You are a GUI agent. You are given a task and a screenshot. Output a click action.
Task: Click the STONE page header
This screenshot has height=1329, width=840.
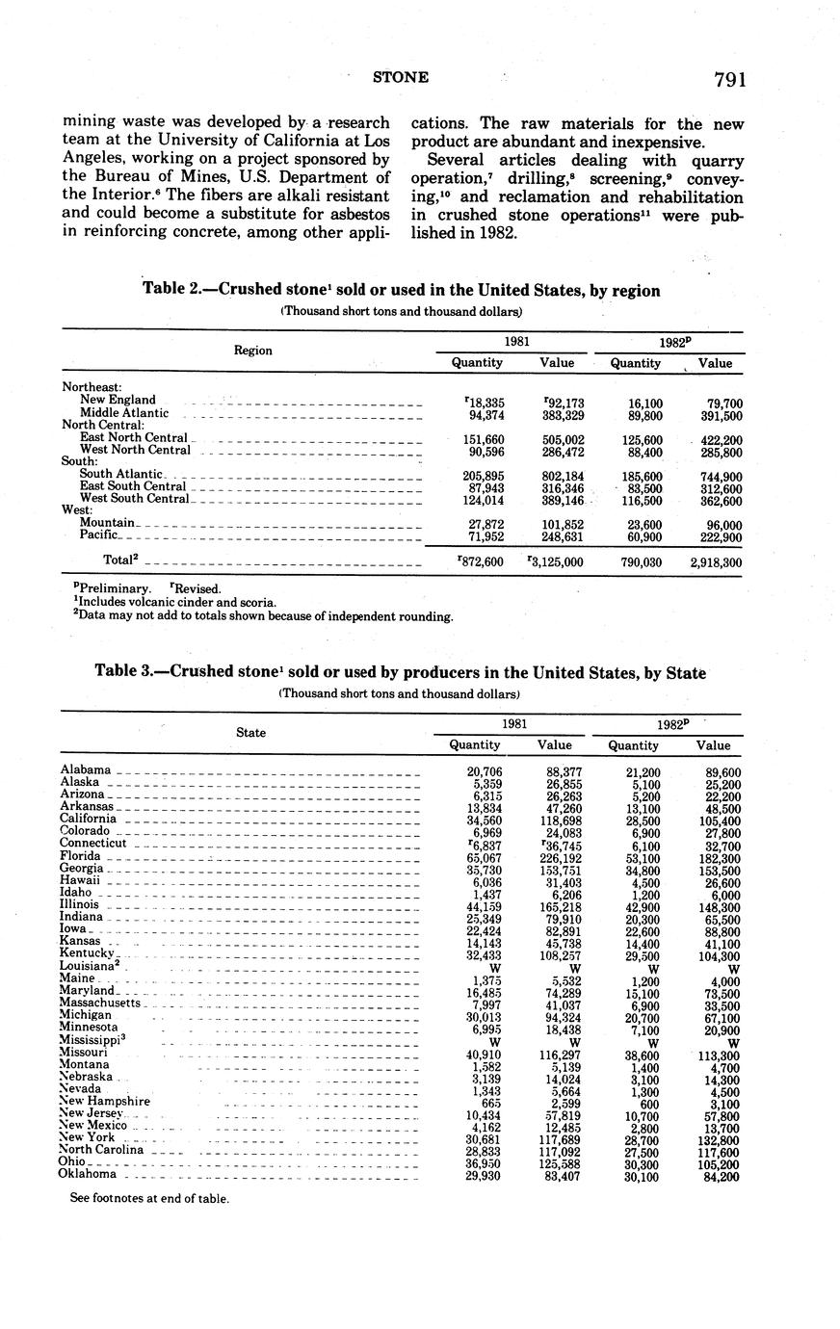pos(401,78)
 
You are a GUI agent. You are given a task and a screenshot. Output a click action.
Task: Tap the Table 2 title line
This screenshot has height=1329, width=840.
pos(401,290)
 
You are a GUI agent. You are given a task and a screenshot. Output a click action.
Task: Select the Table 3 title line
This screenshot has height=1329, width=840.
pos(400,673)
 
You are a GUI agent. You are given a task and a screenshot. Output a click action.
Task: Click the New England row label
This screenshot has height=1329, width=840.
pos(118,400)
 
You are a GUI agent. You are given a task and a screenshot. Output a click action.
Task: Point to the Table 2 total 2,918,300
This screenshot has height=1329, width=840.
pos(715,562)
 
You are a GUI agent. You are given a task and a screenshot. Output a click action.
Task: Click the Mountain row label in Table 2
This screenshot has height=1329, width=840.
pos(107,522)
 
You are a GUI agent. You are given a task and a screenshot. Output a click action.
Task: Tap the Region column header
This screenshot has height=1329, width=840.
pos(252,351)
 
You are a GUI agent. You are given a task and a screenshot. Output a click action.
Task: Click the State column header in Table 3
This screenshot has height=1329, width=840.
pos(250,733)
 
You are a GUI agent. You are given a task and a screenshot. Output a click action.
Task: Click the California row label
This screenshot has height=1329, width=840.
pos(89,819)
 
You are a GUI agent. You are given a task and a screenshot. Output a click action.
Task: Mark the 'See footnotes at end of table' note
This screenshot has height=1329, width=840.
pos(149,1199)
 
